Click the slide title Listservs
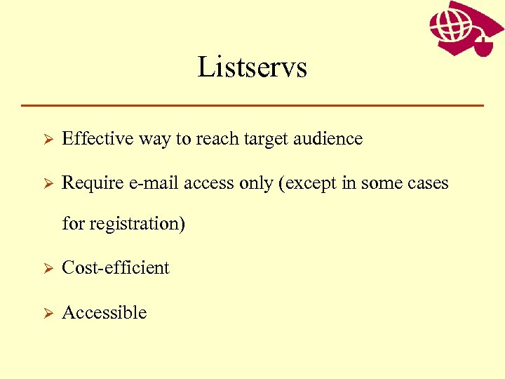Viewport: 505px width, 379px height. point(252,67)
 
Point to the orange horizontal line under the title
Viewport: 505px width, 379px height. point(252,105)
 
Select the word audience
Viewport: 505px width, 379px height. point(332,139)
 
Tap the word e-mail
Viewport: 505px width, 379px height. point(149,183)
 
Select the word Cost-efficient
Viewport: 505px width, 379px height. point(116,268)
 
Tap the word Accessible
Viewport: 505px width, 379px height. point(105,313)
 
